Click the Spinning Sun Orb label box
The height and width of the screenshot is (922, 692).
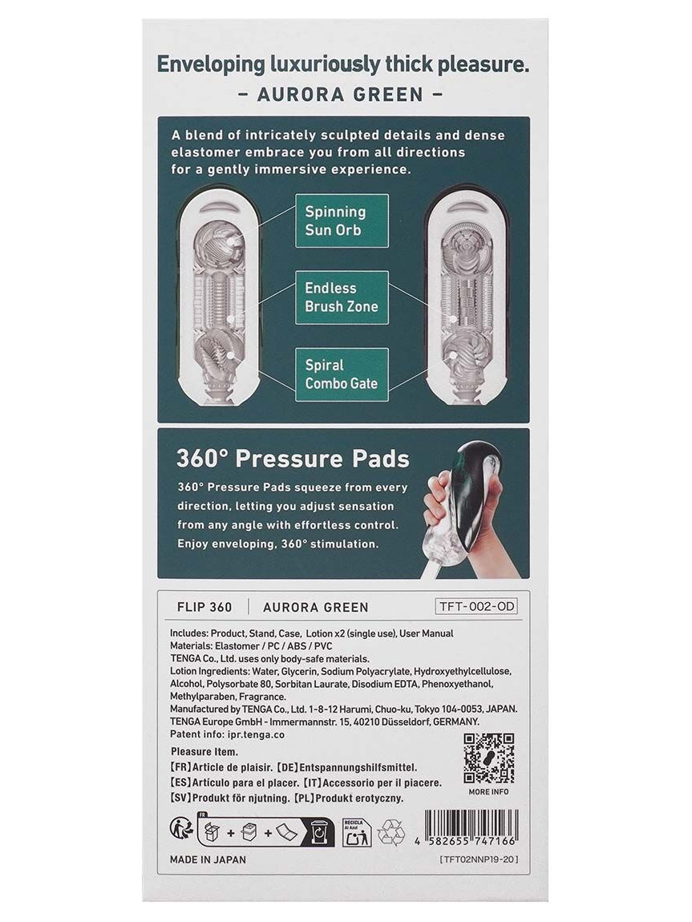coord(341,220)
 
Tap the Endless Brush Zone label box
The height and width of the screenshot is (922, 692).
coord(342,297)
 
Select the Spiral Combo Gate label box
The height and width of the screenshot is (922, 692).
coord(342,374)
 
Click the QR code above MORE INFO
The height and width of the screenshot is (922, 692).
coord(488,758)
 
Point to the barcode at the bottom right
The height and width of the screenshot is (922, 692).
coord(471,828)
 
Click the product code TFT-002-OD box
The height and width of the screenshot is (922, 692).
coord(475,606)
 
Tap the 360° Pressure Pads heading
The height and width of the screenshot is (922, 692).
coord(293,459)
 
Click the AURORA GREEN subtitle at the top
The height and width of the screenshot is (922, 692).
coord(341,94)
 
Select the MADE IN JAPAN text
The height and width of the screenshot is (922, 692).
coord(208,859)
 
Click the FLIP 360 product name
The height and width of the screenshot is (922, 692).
coord(204,607)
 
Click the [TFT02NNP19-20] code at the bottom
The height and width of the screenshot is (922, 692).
coord(480,859)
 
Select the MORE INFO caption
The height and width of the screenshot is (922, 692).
coord(488,791)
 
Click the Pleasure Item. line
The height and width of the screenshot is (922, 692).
coord(204,751)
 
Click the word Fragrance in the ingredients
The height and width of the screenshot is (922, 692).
coord(262,697)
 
